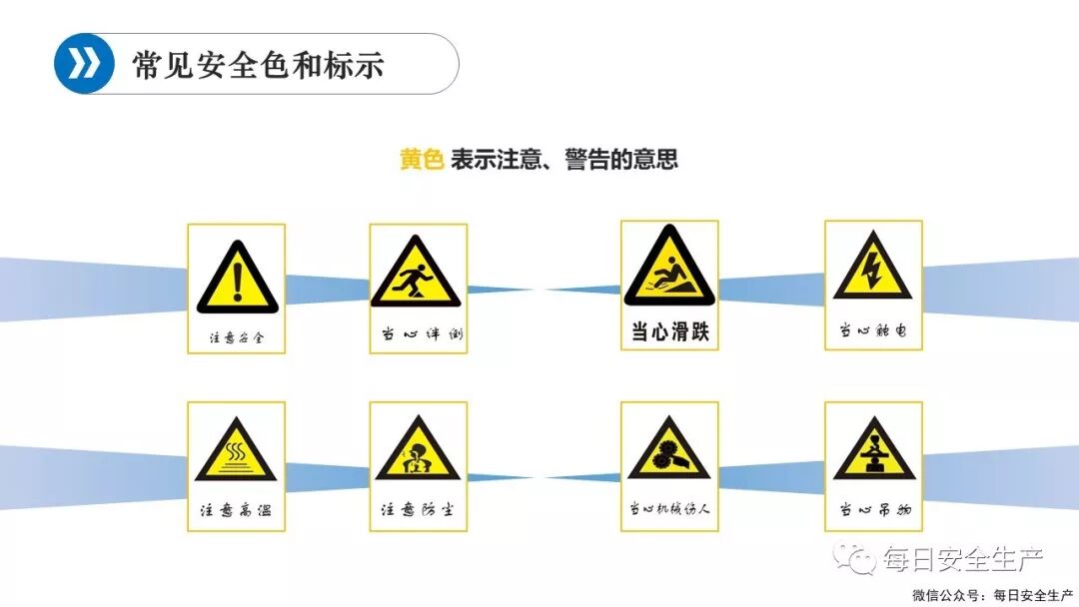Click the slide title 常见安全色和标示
pyautogui.click(x=258, y=65)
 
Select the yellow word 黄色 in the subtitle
pyautogui.click(x=421, y=160)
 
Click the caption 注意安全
pyautogui.click(x=237, y=337)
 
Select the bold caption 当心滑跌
pyautogui.click(x=669, y=332)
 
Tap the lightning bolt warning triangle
pyautogui.click(x=872, y=271)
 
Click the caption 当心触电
pyautogui.click(x=873, y=328)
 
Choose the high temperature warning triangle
pyautogui.click(x=236, y=456)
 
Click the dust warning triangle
pyautogui.click(x=418, y=455)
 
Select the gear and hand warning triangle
pyautogui.click(x=668, y=455)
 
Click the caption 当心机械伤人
pyautogui.click(x=669, y=510)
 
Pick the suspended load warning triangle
pyautogui.click(x=873, y=454)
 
